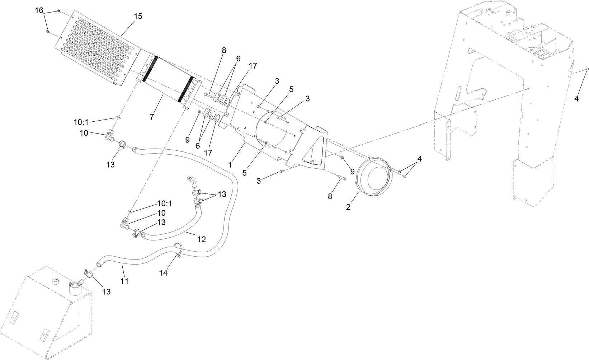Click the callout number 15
point(138,17)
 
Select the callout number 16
point(39,10)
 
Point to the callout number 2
point(348,207)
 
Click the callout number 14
point(163,273)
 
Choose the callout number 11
point(124,281)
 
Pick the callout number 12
point(202,239)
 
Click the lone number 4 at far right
point(576,99)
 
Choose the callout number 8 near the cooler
point(224,50)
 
